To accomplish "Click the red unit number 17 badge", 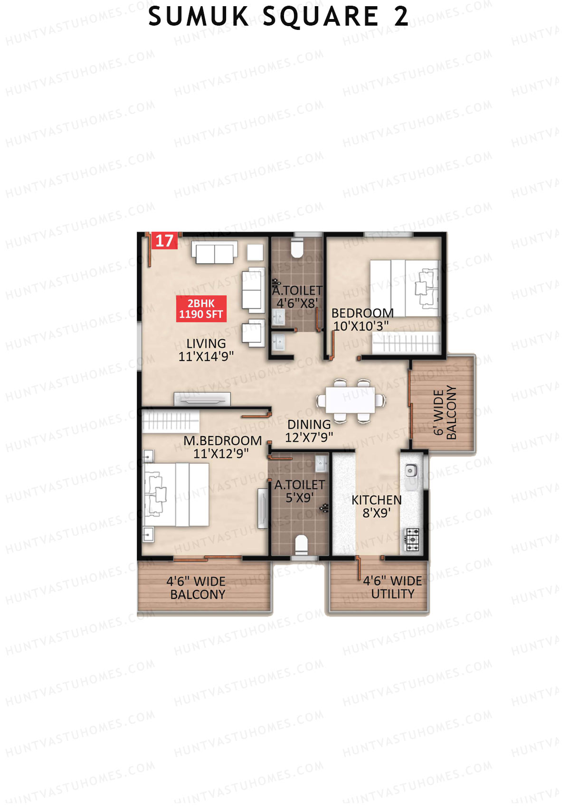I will pyautogui.click(x=164, y=241).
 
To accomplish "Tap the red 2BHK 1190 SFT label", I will pyautogui.click(x=201, y=309).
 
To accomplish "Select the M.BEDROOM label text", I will pyautogui.click(x=222, y=441).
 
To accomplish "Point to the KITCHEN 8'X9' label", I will pyautogui.click(x=376, y=506).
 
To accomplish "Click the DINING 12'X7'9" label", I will pyautogui.click(x=309, y=431).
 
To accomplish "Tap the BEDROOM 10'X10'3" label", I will pyautogui.click(x=362, y=320).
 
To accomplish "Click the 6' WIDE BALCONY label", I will pyautogui.click(x=445, y=412).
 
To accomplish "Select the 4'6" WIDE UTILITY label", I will pyautogui.click(x=392, y=588).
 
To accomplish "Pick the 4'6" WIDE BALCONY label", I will pyautogui.click(x=197, y=588).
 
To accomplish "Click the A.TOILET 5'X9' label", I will pyautogui.click(x=299, y=491).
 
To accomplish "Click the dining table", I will pyautogui.click(x=350, y=400).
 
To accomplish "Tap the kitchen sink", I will pyautogui.click(x=410, y=471).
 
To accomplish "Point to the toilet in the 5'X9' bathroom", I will pyautogui.click(x=301, y=544).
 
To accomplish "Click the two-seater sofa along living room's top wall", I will pyautogui.click(x=214, y=253).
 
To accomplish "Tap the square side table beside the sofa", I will pyautogui.click(x=255, y=252).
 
